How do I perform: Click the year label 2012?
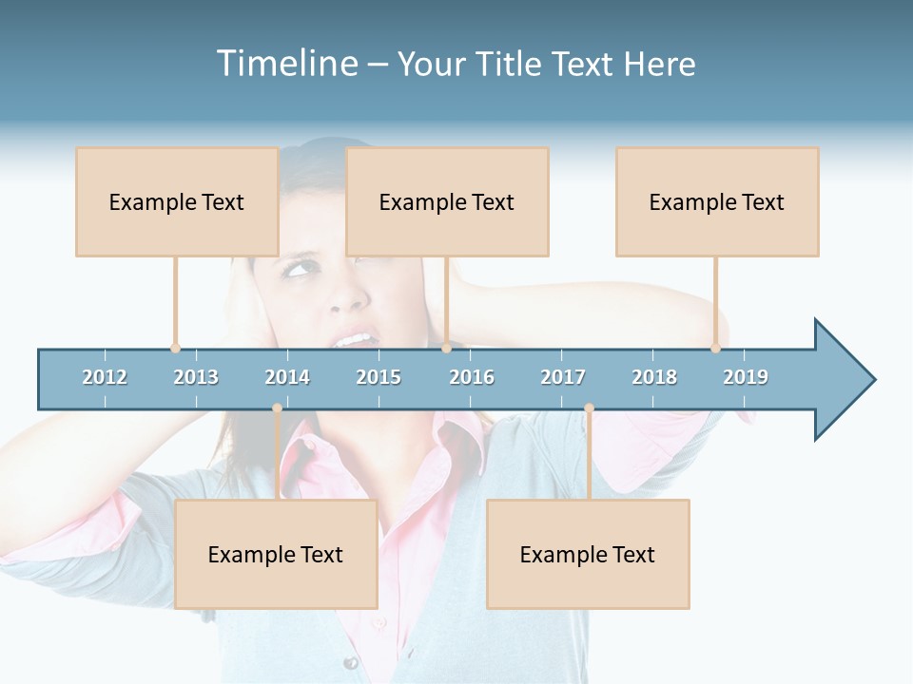[105, 377]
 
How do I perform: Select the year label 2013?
[196, 377]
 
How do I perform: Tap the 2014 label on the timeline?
[287, 377]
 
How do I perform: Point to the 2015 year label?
[379, 377]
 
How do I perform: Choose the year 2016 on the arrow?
[472, 377]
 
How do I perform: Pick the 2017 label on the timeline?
[563, 377]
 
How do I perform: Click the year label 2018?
[654, 377]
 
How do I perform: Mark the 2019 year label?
[746, 377]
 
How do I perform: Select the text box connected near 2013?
[177, 201]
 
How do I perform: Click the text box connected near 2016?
[447, 201]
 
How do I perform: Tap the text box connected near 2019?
[717, 201]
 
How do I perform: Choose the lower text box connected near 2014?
[276, 554]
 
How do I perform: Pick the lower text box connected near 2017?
[588, 554]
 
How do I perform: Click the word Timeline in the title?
[285, 64]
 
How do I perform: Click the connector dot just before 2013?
[175, 348]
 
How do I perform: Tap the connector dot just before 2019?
[715, 348]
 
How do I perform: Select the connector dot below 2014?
[277, 408]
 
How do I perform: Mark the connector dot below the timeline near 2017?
[589, 408]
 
